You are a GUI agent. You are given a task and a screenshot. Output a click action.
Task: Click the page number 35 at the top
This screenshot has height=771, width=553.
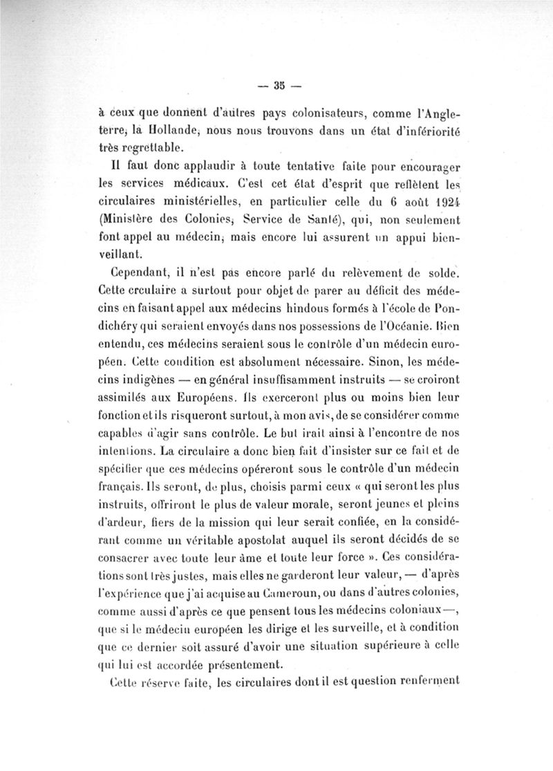coord(279,86)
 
